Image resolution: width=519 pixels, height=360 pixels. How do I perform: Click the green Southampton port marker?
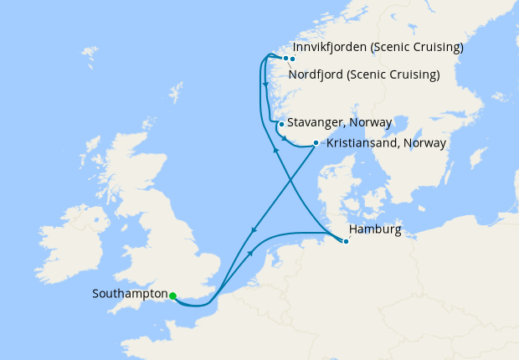[x=172, y=296]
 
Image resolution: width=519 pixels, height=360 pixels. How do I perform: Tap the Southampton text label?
[x=131, y=295]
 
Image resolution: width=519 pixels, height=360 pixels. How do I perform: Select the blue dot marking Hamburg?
[x=345, y=242]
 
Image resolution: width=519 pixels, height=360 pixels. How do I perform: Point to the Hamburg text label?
[x=374, y=229]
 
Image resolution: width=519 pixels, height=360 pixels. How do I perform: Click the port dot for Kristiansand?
[x=315, y=142]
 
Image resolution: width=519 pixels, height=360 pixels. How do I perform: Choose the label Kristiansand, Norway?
[x=386, y=143]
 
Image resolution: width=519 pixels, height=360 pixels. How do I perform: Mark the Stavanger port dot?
[x=281, y=124]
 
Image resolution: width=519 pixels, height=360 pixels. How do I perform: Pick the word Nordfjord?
[x=317, y=75]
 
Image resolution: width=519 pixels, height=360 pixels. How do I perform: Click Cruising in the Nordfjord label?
[x=411, y=75]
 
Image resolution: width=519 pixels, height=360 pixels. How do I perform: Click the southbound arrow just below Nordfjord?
[x=265, y=85]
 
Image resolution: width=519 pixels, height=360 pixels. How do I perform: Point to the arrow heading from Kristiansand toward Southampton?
[x=254, y=231]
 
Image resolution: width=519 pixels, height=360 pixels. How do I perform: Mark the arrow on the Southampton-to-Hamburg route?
[x=251, y=253]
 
